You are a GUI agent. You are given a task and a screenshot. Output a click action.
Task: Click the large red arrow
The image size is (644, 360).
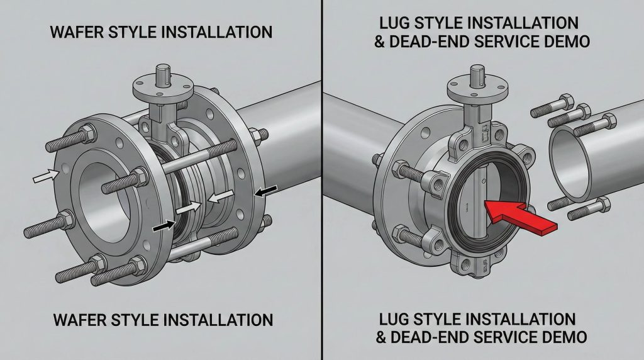point(521,216)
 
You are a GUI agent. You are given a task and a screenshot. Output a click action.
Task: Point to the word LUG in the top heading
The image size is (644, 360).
point(394,23)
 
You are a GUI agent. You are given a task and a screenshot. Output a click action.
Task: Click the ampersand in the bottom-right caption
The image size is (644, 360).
point(381,337)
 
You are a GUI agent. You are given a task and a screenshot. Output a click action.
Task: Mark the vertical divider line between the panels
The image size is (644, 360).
point(322,180)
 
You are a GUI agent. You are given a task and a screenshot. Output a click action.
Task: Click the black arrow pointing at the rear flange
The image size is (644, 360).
point(266,191)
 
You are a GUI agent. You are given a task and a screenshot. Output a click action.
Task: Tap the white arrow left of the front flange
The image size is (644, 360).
point(46,176)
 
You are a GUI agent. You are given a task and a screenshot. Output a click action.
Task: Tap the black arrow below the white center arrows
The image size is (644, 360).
point(164,225)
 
